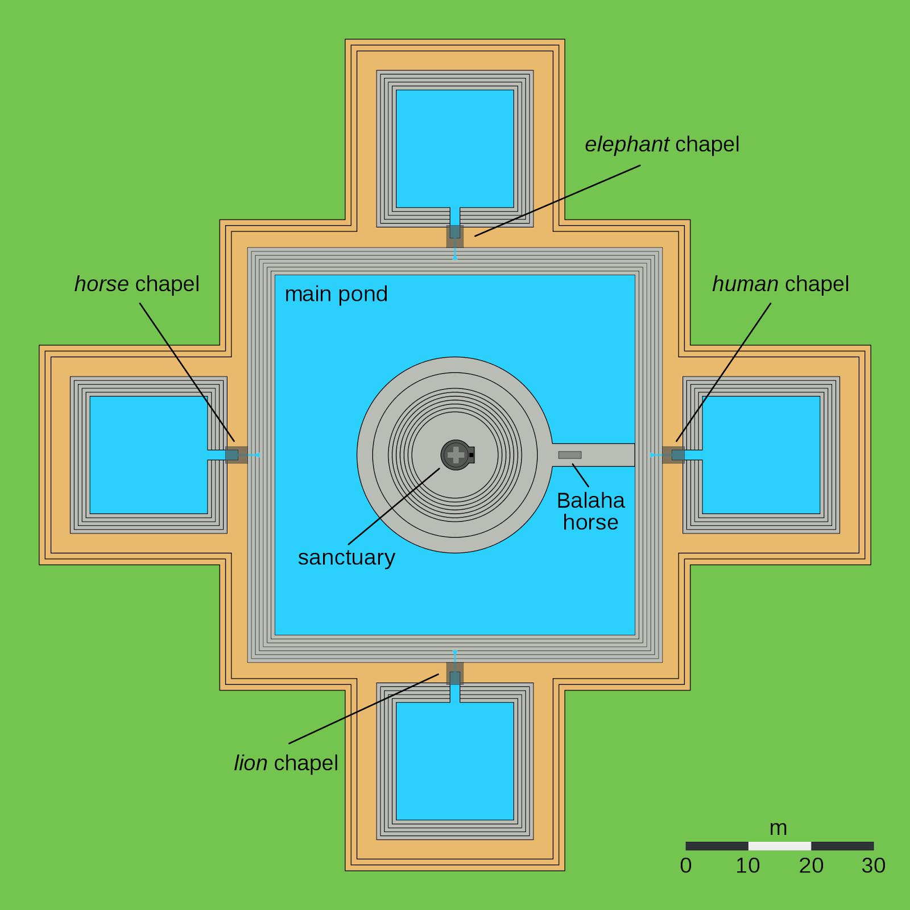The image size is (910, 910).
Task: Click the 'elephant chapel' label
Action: [662, 144]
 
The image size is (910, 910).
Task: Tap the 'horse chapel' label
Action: [136, 284]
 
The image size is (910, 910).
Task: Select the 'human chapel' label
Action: [780, 284]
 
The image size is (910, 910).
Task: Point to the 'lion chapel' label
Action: [286, 763]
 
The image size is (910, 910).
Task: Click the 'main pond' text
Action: [336, 294]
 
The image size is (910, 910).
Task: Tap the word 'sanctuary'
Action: [346, 557]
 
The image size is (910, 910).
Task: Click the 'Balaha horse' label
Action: [590, 511]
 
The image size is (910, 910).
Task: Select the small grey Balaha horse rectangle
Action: [570, 455]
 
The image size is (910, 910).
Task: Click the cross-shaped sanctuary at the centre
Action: [456, 455]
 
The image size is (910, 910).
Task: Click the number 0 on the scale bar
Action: [686, 866]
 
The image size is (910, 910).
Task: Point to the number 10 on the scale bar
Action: [748, 866]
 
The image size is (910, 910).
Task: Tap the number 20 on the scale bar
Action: [811, 866]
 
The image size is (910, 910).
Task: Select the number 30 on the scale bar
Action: [874, 866]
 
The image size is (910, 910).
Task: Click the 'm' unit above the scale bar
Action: [778, 828]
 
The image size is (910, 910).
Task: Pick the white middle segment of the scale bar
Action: [780, 846]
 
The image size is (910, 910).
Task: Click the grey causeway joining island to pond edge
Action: [603, 455]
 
